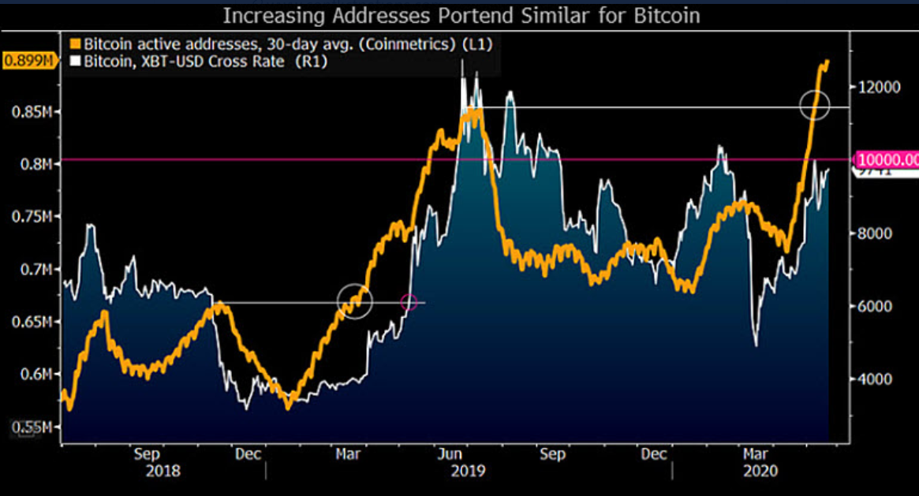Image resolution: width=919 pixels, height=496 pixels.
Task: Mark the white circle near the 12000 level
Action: coord(815,106)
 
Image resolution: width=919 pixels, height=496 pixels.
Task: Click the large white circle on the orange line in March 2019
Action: coord(355,300)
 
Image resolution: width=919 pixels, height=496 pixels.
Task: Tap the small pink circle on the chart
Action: coord(409,301)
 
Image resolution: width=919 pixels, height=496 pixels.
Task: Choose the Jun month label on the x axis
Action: coord(450,454)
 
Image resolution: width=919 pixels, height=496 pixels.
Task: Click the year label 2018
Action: coord(163,471)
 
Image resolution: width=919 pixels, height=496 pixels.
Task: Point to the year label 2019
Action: coord(468,471)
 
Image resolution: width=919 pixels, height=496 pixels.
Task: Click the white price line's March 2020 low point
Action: coord(756,345)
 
